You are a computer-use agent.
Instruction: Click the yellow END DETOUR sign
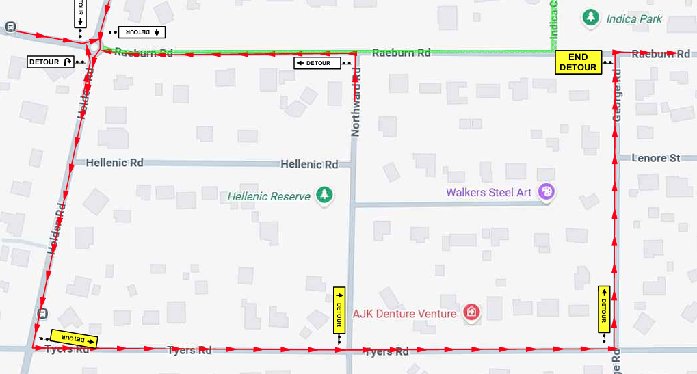[x=578, y=62]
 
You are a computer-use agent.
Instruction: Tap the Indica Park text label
[x=634, y=18]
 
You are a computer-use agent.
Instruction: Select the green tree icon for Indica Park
[x=590, y=18]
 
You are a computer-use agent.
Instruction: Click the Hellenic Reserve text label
[x=269, y=196]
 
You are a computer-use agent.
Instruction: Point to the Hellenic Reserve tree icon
[x=326, y=196]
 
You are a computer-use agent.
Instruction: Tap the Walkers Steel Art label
[x=488, y=192]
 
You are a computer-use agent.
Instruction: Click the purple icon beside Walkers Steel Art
[x=546, y=191]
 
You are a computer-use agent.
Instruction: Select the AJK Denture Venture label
[x=404, y=314]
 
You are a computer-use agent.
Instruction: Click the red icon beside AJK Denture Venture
[x=471, y=313]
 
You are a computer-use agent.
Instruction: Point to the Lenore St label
[x=655, y=158]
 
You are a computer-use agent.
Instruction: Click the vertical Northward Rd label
[x=356, y=102]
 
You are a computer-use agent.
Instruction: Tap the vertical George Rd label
[x=617, y=96]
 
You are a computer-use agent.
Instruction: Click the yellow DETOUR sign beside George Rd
[x=604, y=309]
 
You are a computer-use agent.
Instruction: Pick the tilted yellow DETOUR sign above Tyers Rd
[x=73, y=338]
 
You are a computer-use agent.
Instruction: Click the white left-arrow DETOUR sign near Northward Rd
[x=317, y=63]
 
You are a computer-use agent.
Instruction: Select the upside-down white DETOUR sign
[x=142, y=31]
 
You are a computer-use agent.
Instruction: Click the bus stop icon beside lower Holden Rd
[x=43, y=313]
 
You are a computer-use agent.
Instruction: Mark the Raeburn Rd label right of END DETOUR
[x=661, y=54]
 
